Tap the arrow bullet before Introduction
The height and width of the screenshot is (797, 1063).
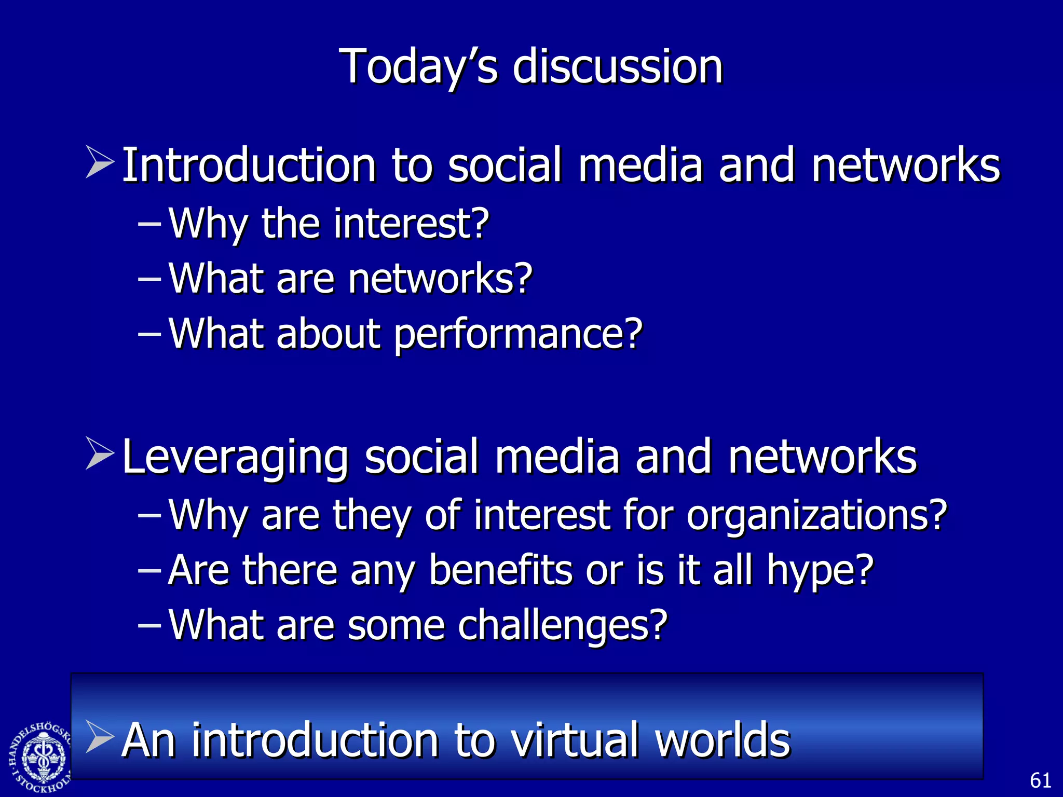coord(100,163)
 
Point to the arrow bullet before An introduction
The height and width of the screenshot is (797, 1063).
coord(100,736)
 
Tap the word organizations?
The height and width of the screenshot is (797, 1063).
coord(817,516)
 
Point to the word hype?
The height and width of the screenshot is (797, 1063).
coord(820,571)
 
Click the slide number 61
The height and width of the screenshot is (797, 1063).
coord(1040,780)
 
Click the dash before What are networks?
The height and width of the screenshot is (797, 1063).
coord(149,279)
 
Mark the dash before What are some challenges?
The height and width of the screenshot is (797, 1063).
coord(149,625)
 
